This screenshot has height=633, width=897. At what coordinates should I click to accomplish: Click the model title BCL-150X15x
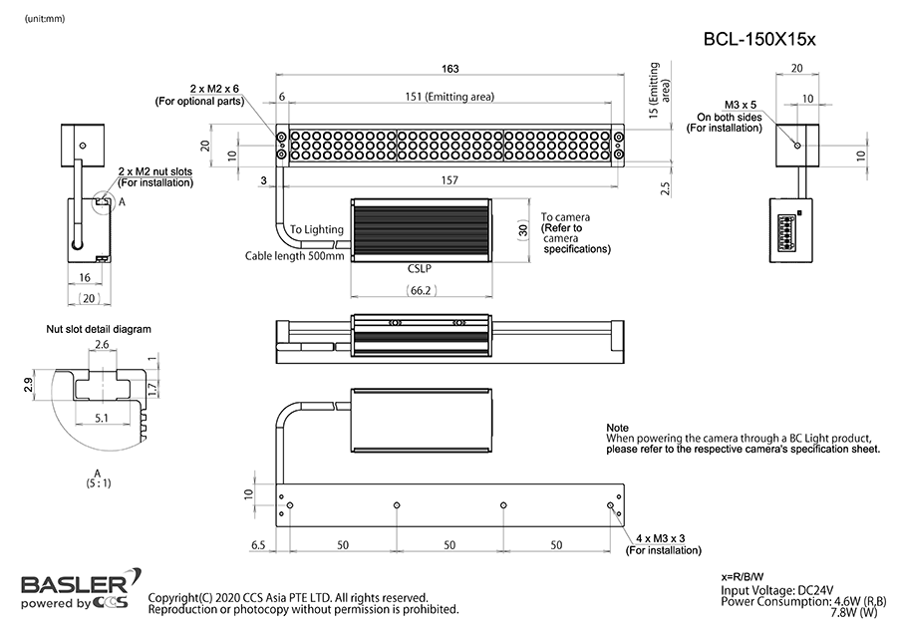coord(759,40)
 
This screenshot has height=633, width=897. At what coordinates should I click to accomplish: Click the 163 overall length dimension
coord(449,69)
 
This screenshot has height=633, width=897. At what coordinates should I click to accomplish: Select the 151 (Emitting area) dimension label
coord(449,97)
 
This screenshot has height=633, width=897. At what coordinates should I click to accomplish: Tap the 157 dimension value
coord(451,180)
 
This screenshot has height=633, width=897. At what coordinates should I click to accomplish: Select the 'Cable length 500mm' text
coord(295,256)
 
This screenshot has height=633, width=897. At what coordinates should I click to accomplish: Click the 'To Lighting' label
coord(317,230)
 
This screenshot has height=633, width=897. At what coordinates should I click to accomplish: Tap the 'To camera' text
coord(566,216)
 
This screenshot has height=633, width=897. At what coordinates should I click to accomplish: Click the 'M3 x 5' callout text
coord(741,104)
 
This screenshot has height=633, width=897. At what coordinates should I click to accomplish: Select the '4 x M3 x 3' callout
coord(668,538)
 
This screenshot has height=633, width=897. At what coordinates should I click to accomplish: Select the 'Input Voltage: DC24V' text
coord(777,590)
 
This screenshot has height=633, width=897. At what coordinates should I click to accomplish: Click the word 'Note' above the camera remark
coord(618,428)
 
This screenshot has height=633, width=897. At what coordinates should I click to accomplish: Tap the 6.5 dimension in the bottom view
coord(258,545)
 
